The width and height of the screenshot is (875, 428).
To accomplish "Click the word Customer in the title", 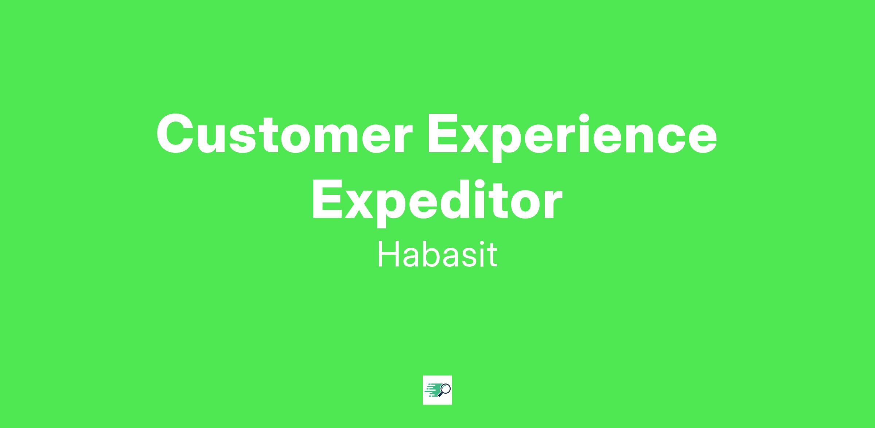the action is tap(284, 134).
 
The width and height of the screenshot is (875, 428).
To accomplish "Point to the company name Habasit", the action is tap(437, 254).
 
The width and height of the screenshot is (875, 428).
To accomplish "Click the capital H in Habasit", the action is tap(388, 254).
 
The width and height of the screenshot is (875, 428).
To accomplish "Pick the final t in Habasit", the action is tap(492, 256).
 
